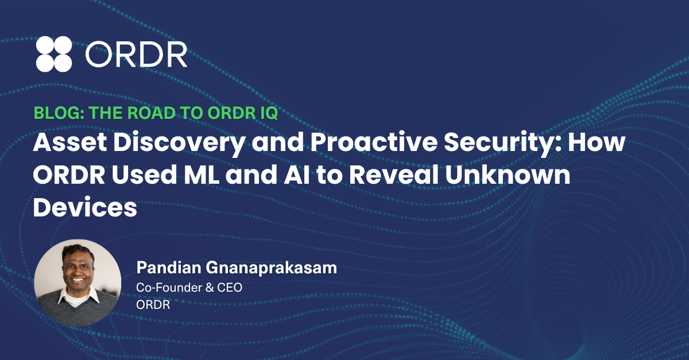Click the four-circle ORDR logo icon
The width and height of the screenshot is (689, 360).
click(x=54, y=54)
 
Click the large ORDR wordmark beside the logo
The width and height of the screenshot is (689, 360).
click(x=136, y=54)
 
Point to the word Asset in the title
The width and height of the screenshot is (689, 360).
click(x=70, y=142)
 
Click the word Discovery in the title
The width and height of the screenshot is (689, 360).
click(x=179, y=144)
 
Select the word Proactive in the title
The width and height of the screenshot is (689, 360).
click(x=373, y=142)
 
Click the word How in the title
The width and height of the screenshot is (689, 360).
click(x=597, y=142)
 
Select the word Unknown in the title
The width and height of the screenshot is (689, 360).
click(x=508, y=174)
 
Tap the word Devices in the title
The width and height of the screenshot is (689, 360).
click(x=85, y=207)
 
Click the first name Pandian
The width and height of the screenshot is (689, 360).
click(x=169, y=268)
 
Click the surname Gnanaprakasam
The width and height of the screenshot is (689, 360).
click(x=272, y=268)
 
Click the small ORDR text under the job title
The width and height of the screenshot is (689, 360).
click(x=153, y=305)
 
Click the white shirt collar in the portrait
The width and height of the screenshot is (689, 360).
click(x=79, y=296)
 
